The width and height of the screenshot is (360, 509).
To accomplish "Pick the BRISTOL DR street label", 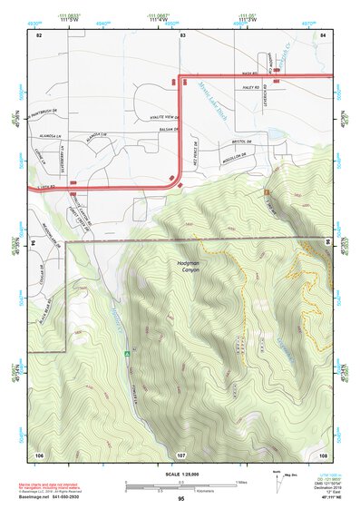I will pos(240,142).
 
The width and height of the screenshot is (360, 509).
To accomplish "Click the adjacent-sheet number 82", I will pos(38,34).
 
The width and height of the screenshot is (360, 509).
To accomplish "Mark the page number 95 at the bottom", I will pos(181,499).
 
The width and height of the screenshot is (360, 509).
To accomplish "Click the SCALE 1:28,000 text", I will pos(180,475).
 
